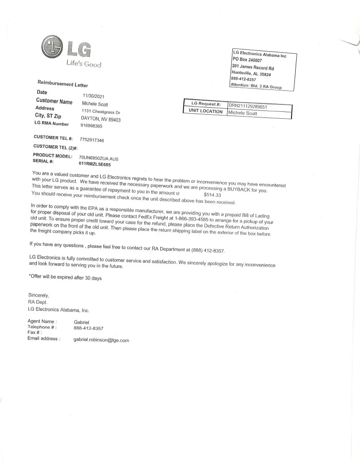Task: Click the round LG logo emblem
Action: tap(51, 47)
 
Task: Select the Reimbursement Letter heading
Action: tap(62, 84)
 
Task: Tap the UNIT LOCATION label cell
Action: tap(205, 111)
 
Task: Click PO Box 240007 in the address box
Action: tap(247, 60)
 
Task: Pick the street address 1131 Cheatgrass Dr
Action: tap(101, 111)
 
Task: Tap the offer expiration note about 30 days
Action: tap(65, 278)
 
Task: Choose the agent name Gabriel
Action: tap(82, 322)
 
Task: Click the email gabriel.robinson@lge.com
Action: tap(101, 340)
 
